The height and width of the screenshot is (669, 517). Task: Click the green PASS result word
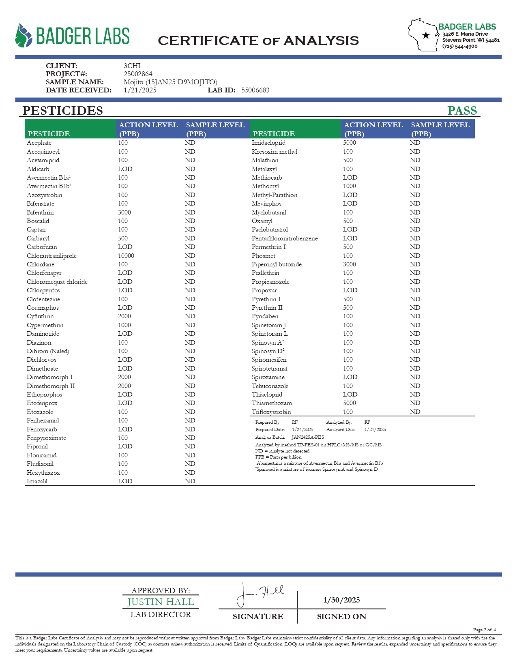[x=462, y=111]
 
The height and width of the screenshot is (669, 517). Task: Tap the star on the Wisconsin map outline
[x=426, y=35]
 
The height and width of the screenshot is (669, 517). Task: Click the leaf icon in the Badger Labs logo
[x=24, y=36]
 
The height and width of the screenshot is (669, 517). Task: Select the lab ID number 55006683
[x=255, y=90]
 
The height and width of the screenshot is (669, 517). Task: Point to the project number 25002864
[x=138, y=74]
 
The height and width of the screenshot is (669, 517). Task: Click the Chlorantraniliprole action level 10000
[x=126, y=256]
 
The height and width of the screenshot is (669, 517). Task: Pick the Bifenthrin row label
[x=40, y=212]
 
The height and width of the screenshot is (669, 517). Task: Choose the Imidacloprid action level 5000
[x=349, y=143]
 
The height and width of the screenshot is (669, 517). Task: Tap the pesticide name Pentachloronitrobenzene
[x=285, y=238]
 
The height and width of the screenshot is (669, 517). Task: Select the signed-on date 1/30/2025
[x=341, y=600]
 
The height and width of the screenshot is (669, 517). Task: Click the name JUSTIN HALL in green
[x=161, y=602]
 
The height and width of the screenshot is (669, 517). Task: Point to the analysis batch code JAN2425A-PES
[x=308, y=437]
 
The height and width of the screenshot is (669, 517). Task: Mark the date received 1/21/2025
[x=140, y=90]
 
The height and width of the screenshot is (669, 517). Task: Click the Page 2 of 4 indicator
[x=484, y=630]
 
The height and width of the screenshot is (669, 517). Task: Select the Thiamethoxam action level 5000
[x=349, y=403]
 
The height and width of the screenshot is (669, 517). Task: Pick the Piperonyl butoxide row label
[x=277, y=264]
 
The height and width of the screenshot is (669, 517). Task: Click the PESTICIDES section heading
[x=62, y=111]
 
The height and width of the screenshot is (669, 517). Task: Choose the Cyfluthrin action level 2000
[x=124, y=316]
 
